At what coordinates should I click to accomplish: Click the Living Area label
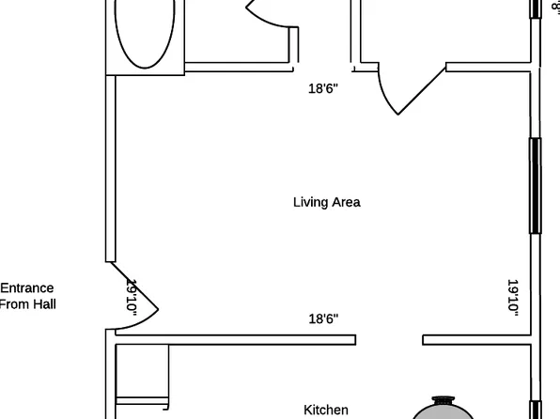point(326,202)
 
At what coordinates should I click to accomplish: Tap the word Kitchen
point(326,410)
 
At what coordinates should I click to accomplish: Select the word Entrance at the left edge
point(27,288)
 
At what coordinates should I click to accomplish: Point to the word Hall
point(42,304)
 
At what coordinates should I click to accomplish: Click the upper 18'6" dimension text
point(322,89)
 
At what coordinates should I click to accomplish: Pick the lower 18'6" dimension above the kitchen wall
point(323,319)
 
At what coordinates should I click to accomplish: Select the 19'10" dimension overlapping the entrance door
point(132,296)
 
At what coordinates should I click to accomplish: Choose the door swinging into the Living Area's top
point(404,89)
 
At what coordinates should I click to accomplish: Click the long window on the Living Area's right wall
point(536,185)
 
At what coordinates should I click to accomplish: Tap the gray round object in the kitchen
point(447,409)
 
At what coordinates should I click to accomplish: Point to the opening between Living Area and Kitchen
point(389,339)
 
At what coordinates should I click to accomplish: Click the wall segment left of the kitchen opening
point(235,339)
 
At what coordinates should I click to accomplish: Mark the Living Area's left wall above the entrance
point(110,169)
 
